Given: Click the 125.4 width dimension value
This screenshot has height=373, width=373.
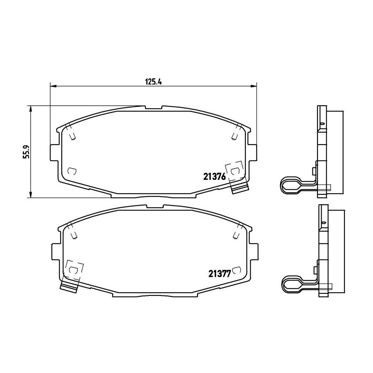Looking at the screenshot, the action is tap(153, 82).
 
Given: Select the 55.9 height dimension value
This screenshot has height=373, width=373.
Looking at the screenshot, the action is tap(26, 152).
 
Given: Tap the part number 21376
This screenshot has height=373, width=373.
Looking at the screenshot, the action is tap(214, 177).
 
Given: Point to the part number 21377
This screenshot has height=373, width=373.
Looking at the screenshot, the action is tap(220, 274).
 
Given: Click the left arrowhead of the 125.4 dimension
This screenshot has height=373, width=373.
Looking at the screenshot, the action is tap(53, 86).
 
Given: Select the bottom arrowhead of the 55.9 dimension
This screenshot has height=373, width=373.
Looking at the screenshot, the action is tap(30, 195).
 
